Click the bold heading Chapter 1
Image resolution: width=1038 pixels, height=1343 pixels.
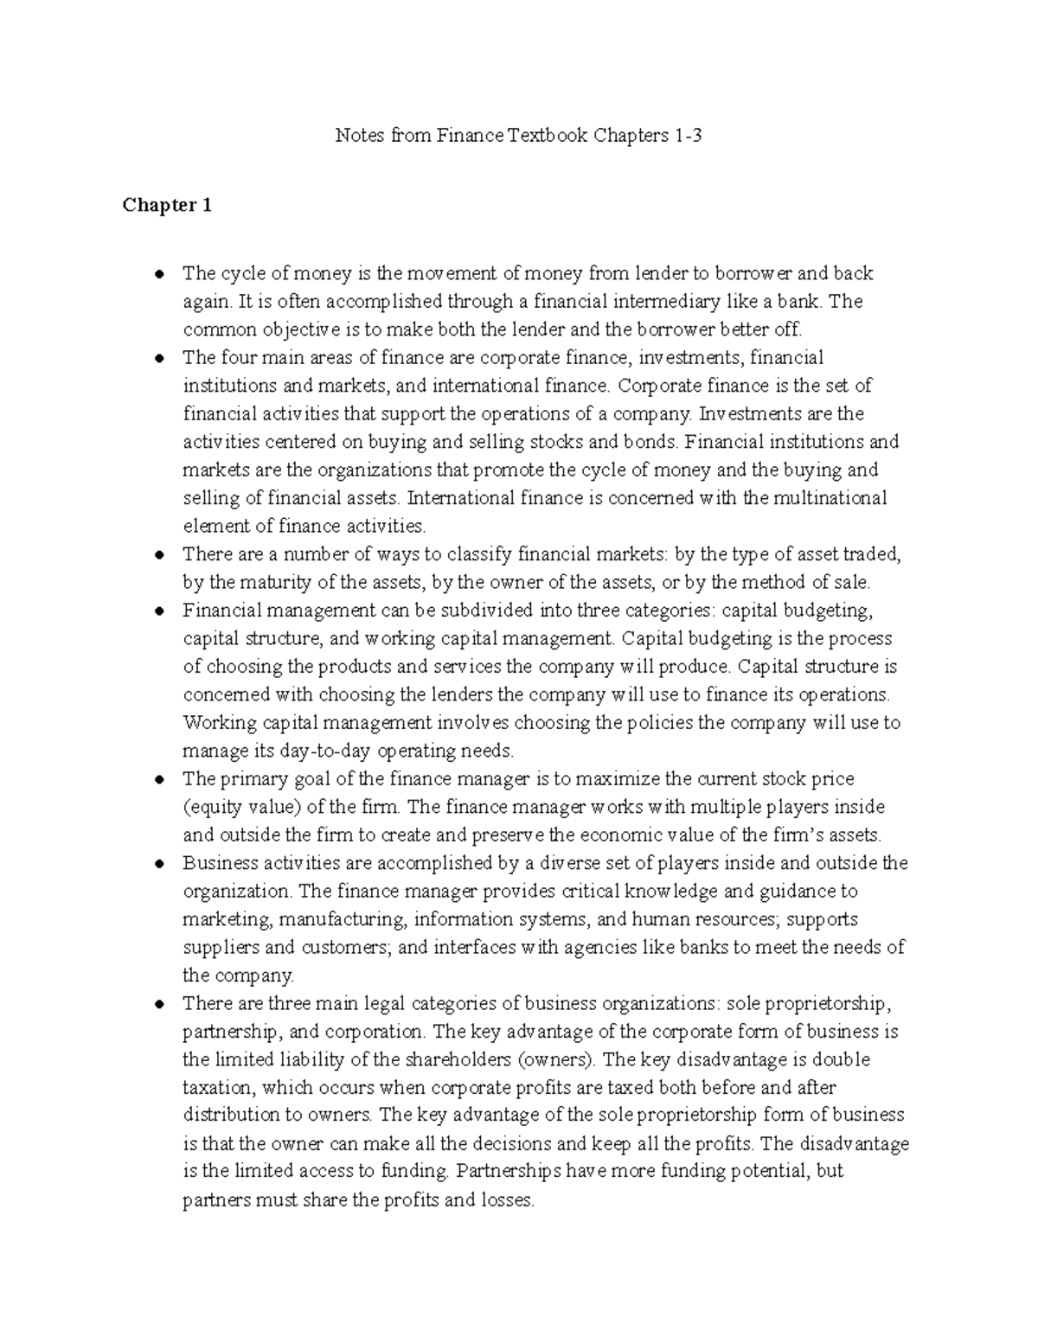point(167,206)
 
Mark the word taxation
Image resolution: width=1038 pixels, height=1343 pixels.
point(218,1088)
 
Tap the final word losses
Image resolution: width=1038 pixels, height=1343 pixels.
point(508,1200)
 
